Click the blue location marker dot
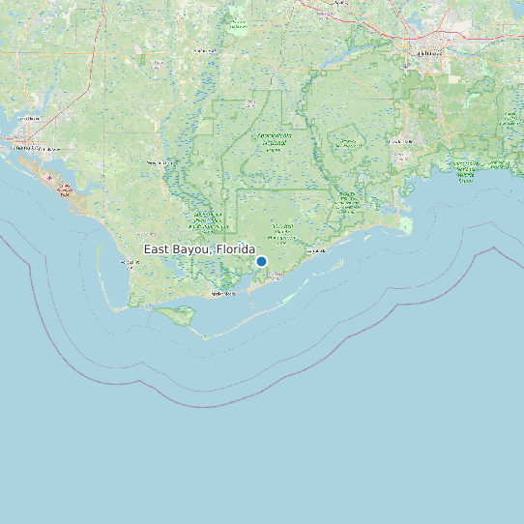click(261, 261)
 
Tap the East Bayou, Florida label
click(200, 249)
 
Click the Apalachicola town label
click(222, 293)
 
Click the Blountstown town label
click(205, 50)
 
